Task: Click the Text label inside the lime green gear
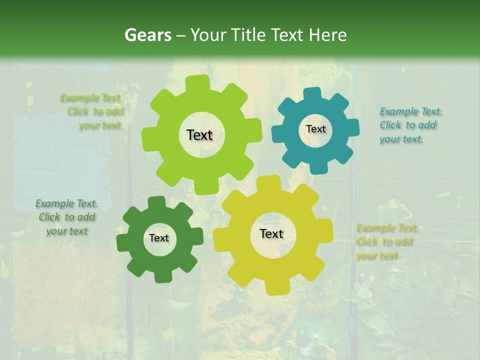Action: click(x=199, y=135)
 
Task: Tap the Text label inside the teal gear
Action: click(x=315, y=129)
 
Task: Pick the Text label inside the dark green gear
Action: click(x=159, y=238)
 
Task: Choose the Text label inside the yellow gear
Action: click(x=271, y=233)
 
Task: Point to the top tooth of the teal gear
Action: click(x=313, y=93)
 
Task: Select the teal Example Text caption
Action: click(x=410, y=125)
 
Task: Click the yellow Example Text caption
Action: click(x=386, y=242)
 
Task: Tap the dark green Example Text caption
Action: click(x=66, y=217)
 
